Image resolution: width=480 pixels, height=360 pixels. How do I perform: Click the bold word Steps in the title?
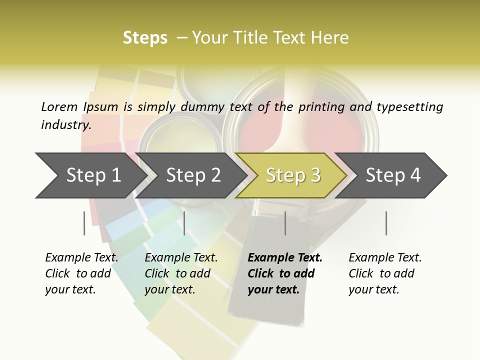tap(145, 38)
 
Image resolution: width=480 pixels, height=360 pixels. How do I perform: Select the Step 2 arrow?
tap(193, 175)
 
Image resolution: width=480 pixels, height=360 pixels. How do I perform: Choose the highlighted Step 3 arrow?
tap(292, 175)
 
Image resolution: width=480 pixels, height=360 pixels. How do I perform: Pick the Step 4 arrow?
tap(393, 175)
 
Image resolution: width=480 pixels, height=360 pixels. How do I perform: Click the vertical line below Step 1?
tap(84, 223)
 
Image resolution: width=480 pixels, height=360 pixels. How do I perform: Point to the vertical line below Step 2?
tap(184, 223)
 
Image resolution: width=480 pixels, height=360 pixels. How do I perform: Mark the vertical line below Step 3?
tap(285, 223)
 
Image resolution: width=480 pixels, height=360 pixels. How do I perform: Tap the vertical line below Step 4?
tap(386, 223)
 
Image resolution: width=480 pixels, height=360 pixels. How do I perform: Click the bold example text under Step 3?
tap(284, 273)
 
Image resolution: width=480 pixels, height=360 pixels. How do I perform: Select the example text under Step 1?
tap(81, 273)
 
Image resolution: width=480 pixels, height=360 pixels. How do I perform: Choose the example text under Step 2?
tap(181, 273)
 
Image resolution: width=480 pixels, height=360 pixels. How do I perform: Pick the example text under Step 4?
tap(385, 273)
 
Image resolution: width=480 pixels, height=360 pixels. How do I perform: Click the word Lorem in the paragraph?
tap(59, 106)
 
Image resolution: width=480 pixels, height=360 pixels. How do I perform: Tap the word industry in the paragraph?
tap(65, 125)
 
